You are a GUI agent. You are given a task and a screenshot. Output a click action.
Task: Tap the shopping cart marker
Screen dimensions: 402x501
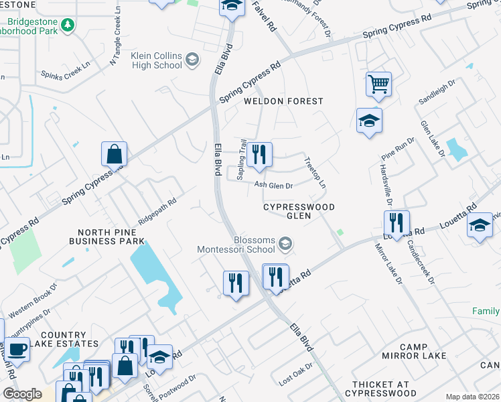click(x=378, y=85)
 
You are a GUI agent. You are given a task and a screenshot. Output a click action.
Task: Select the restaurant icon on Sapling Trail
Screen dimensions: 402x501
click(x=259, y=155)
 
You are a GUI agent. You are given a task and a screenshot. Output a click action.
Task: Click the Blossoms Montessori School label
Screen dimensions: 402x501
click(x=236, y=245)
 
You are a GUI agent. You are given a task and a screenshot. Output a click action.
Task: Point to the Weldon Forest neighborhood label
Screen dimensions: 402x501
click(x=283, y=101)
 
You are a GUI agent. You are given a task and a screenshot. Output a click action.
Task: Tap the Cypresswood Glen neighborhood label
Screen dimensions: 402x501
click(x=298, y=211)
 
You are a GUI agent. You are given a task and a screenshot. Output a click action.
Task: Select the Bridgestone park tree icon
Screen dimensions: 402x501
click(x=67, y=25)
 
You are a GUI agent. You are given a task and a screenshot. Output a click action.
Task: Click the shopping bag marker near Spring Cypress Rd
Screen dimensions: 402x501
click(x=114, y=155)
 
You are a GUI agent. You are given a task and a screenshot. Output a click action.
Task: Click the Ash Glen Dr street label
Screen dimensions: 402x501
click(x=273, y=186)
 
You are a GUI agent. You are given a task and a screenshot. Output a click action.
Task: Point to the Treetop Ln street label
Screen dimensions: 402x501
click(x=315, y=173)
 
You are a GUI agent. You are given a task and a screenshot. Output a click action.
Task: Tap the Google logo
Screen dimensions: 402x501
click(x=22, y=394)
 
